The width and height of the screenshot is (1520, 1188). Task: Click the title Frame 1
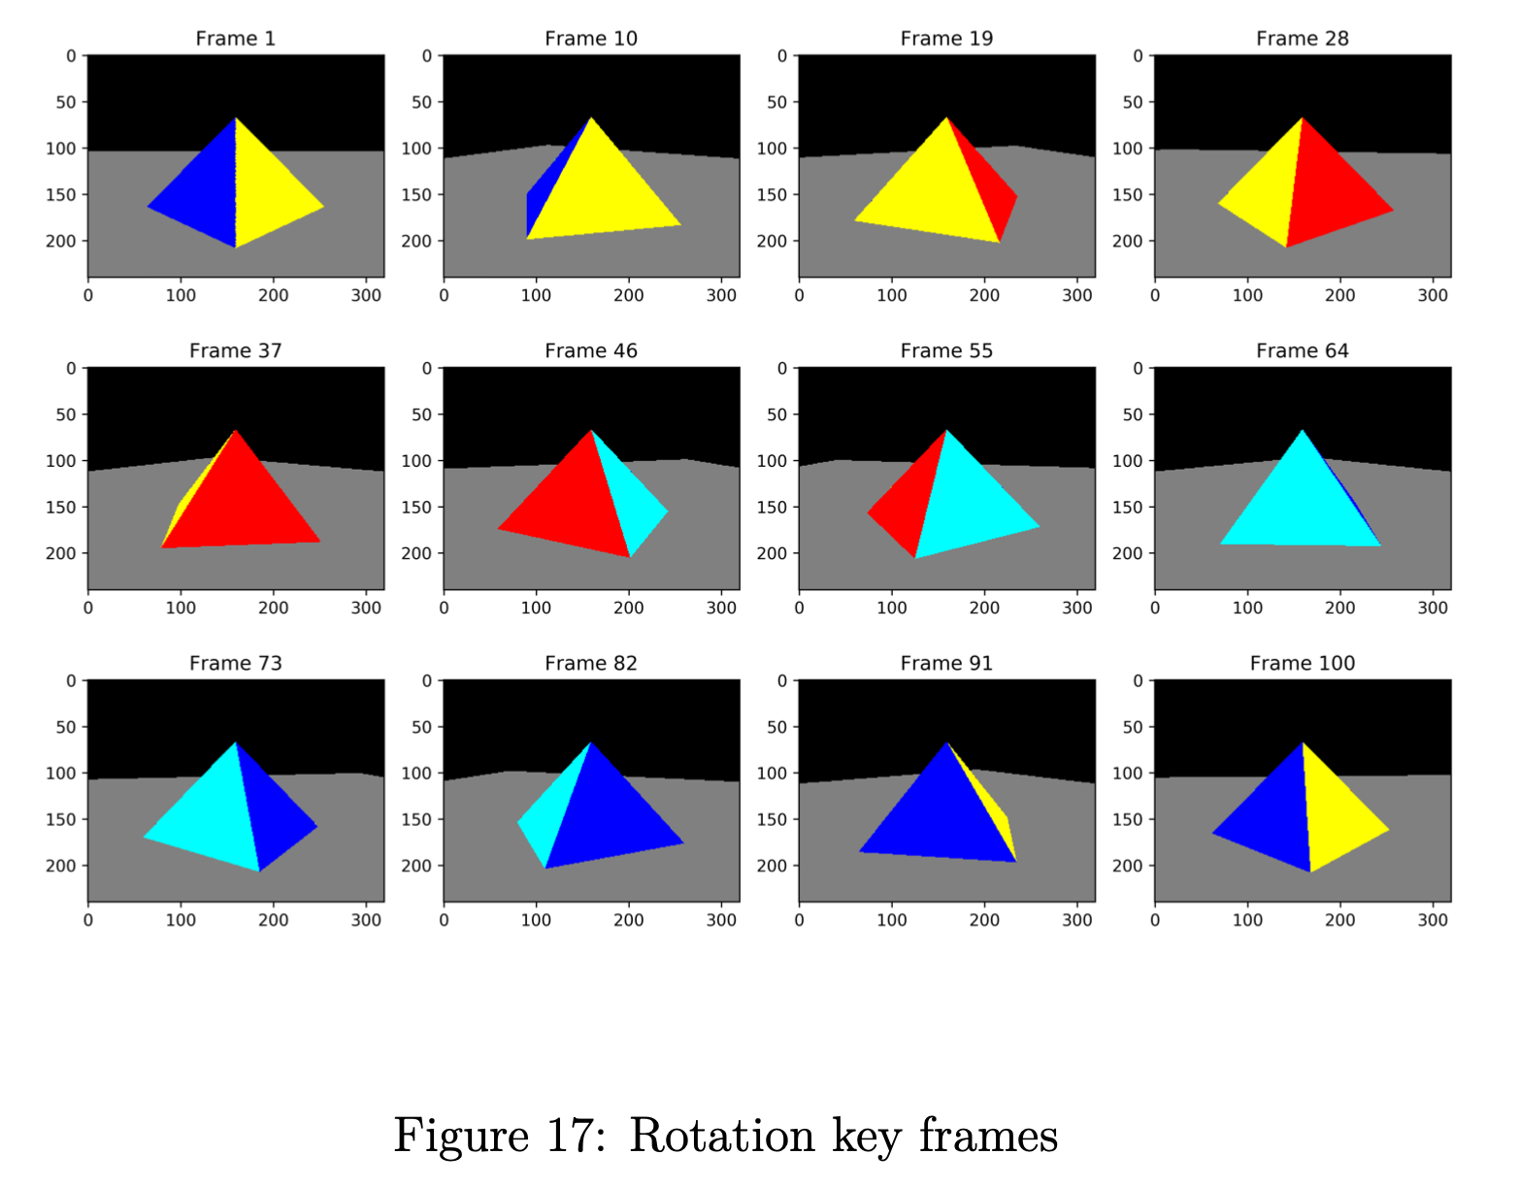pyautogui.click(x=235, y=39)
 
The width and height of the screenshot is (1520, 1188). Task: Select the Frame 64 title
pyautogui.click(x=1302, y=351)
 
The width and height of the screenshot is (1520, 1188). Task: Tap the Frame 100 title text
pyautogui.click(x=1302, y=664)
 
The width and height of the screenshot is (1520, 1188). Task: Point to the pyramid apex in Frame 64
pyautogui.click(x=1302, y=431)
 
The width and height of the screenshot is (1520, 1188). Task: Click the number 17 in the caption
pyautogui.click(x=568, y=1137)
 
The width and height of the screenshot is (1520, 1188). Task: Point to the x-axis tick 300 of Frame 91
pyautogui.click(x=1076, y=920)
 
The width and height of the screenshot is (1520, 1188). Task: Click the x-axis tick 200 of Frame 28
pyautogui.click(x=1339, y=295)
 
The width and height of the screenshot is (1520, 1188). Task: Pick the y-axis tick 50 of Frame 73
pyautogui.click(x=66, y=727)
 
